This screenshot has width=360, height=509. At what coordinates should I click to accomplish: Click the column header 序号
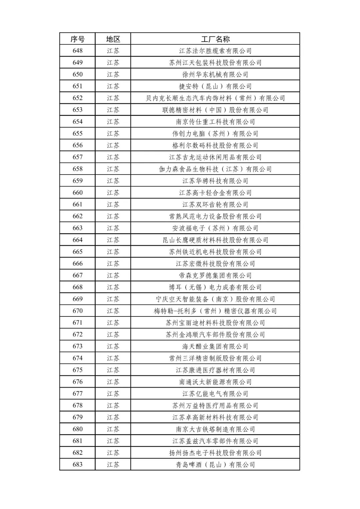pos(77,39)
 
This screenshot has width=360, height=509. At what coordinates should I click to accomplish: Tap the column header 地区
pos(113,39)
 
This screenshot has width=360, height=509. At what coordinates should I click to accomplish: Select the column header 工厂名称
pos(215,39)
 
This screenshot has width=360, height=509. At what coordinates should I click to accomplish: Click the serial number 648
pos(77,51)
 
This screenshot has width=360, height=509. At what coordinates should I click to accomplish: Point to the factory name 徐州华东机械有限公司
pos(215,74)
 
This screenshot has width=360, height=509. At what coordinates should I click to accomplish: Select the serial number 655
pos(77,134)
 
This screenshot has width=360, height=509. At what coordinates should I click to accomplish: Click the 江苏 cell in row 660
pos(113,193)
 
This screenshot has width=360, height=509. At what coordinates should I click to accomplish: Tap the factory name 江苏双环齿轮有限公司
pos(215,205)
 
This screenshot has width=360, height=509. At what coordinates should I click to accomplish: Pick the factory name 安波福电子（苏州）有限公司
pos(215,228)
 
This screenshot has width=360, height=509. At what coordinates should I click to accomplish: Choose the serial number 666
pos(77,263)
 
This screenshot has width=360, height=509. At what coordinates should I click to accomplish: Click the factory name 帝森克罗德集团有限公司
pos(215,275)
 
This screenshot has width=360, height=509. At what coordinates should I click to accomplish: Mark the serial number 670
pos(77,311)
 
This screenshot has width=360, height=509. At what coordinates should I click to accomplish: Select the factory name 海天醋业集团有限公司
pos(215,346)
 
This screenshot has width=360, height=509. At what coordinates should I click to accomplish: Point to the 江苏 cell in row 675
pos(113,370)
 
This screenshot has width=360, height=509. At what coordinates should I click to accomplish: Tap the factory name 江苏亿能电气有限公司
pos(215,394)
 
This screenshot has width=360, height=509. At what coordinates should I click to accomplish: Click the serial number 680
pos(77,429)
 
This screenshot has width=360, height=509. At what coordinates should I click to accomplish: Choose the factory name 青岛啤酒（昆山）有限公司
pos(215,465)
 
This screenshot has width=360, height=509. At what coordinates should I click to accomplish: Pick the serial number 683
pos(77,464)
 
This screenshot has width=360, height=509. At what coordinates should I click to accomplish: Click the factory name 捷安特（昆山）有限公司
pos(215,86)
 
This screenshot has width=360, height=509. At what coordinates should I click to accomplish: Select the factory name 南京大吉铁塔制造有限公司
pos(215,429)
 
